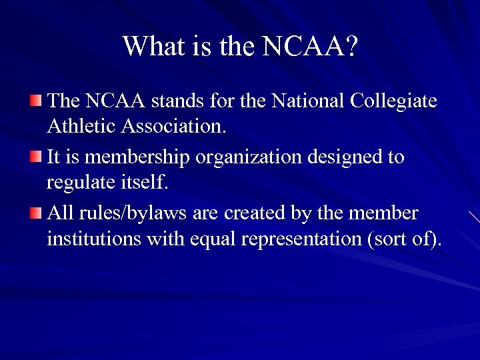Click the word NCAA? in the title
pyautogui.click(x=310, y=47)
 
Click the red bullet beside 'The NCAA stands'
pyautogui.click(x=35, y=101)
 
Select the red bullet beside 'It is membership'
pyautogui.click(x=35, y=157)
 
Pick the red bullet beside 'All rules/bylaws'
pyautogui.click(x=35, y=213)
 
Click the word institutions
pyautogui.click(x=93, y=237)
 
